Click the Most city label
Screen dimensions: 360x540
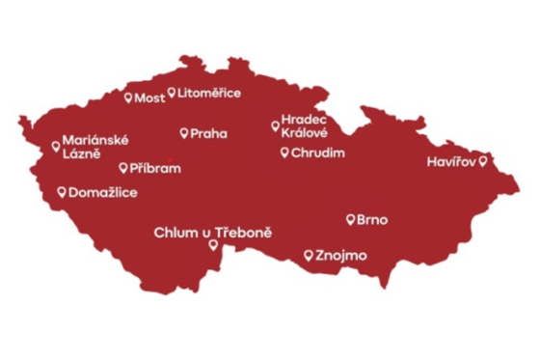point(149,97)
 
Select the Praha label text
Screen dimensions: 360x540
point(209,133)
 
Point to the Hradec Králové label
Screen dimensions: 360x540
point(304,126)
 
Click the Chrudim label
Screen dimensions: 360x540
point(317,152)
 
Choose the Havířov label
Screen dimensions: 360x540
point(451,161)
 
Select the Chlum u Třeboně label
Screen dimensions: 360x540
point(213,233)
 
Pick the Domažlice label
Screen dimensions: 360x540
point(103,193)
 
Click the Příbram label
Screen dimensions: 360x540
point(154,167)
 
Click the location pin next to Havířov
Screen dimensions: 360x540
point(482,160)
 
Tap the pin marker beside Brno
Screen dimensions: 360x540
point(350,219)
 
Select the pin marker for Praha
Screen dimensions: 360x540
point(184,132)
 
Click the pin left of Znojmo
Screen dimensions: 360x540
point(308,255)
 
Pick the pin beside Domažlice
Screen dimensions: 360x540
point(63,192)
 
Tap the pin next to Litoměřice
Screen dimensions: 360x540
point(172,93)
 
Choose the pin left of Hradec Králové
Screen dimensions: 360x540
point(275,124)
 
